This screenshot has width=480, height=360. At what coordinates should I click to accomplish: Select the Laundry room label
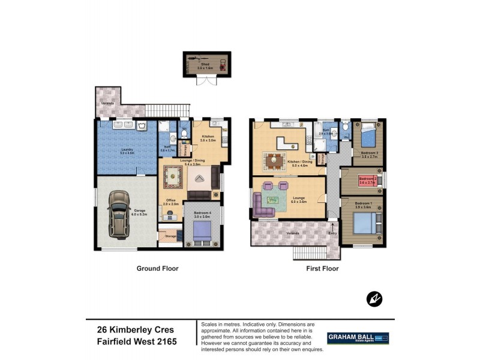point(127,150)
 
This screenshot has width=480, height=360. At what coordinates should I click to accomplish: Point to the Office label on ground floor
point(170,200)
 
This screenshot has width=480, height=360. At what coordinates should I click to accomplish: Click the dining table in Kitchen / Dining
point(274,160)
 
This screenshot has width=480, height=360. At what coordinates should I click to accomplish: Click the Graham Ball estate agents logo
point(358,338)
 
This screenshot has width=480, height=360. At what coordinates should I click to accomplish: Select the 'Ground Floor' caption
point(157,269)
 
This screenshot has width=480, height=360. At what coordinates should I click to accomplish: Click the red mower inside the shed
point(223,64)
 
